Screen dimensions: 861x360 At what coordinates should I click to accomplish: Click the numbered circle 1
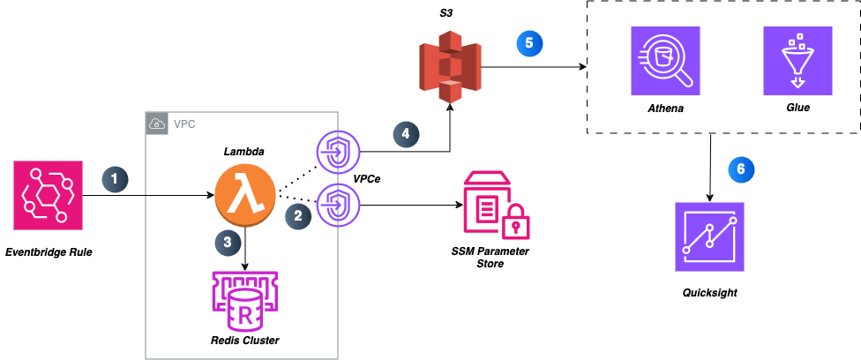(x=115, y=179)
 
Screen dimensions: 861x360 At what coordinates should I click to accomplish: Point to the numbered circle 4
(x=406, y=134)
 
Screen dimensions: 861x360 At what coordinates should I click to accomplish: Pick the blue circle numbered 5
(x=529, y=42)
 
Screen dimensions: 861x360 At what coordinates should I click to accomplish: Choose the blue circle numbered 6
(x=741, y=169)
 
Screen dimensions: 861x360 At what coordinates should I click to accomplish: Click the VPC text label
(x=184, y=124)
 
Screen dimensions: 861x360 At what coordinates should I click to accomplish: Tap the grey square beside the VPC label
(x=157, y=124)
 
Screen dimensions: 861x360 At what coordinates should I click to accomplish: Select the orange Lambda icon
(x=245, y=195)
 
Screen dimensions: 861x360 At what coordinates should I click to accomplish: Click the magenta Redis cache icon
(x=244, y=301)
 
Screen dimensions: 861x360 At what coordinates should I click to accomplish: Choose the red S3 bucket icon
(x=450, y=66)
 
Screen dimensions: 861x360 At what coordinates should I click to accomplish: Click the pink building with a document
(x=486, y=202)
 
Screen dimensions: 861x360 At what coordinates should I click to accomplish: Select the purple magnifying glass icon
(x=665, y=61)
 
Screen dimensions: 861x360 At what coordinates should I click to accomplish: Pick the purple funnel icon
(x=797, y=61)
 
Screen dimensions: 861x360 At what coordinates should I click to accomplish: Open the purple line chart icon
(x=709, y=236)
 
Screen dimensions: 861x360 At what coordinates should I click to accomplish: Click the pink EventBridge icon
(x=48, y=195)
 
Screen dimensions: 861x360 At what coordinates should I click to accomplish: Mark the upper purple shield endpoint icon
(x=338, y=152)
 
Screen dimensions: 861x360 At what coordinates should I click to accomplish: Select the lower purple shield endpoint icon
(x=338, y=205)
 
